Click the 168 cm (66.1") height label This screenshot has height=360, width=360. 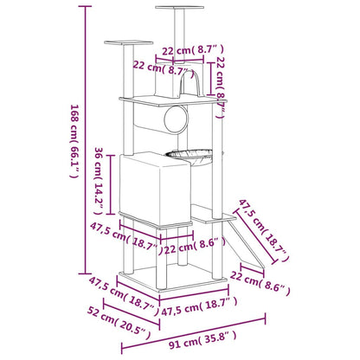[x=74, y=141]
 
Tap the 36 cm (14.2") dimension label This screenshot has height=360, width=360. [x=100, y=181]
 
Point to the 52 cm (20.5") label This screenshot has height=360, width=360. [x=119, y=323]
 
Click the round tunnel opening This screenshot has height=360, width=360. [x=176, y=119]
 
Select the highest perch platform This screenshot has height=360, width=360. [x=179, y=8]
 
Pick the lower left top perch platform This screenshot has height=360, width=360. [x=128, y=43]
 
